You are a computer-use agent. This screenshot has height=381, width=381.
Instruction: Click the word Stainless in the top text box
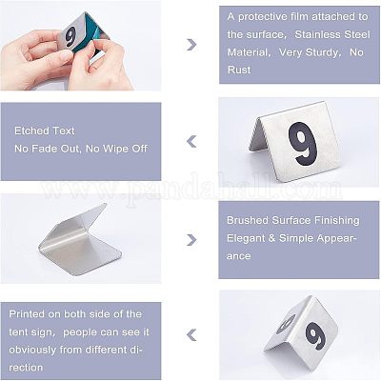pos(316,34)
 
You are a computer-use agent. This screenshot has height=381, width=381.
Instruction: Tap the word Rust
pos(239,70)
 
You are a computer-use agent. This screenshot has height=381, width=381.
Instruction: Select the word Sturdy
pos(321,52)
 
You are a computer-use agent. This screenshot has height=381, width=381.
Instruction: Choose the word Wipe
pos(116,149)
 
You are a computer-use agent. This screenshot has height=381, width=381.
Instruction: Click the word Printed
pos(27,314)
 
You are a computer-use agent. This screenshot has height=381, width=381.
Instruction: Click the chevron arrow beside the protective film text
pos(191,45)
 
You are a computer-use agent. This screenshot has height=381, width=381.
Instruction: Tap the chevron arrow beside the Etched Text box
pos(191,142)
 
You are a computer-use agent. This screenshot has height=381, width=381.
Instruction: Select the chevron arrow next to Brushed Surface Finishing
pos(191,240)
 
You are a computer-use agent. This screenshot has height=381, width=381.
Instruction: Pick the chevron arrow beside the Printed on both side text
pos(191,335)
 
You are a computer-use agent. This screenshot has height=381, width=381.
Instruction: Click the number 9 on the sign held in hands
pos(70,36)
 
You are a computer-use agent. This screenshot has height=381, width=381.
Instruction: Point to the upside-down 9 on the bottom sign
pos(286,324)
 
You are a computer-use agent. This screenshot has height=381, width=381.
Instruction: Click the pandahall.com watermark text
pos(191,190)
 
